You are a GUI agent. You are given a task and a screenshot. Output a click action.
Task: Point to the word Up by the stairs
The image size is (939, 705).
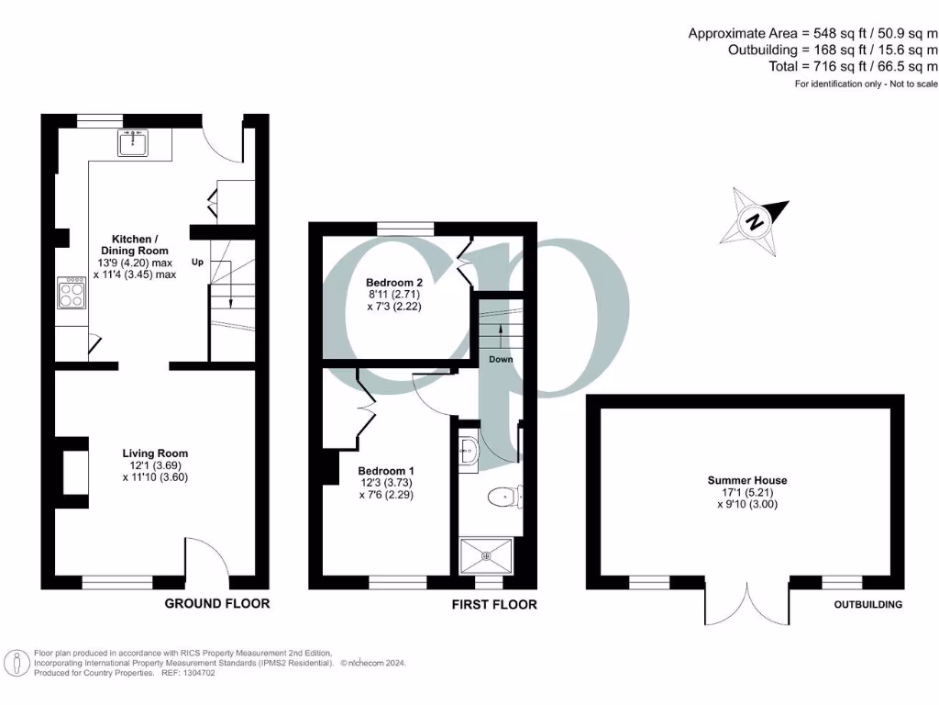pos(197,263)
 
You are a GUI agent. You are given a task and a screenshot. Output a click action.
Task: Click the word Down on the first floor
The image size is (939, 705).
pos(501,359)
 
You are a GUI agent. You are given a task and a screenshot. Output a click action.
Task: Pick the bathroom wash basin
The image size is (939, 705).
pos(469,451)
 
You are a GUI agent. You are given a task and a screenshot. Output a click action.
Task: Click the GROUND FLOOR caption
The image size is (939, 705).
pos(216,603)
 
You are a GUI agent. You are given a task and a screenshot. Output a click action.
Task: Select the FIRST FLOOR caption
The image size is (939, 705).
pos(494,604)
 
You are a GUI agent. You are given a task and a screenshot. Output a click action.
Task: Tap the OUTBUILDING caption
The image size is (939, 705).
pos(867,604)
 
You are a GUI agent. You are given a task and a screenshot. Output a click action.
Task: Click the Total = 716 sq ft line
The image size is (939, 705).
pos(853,67)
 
